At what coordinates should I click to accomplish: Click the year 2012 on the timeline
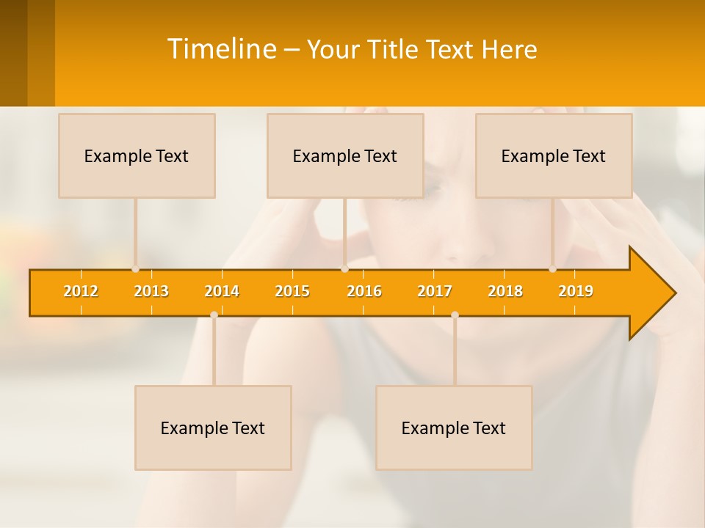81,291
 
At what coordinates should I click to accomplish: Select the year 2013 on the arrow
151,291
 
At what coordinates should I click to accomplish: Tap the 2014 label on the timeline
222,291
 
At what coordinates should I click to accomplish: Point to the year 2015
292,291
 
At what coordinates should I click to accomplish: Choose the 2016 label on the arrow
364,291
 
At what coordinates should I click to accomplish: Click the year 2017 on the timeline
435,291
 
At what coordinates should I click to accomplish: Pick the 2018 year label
505,291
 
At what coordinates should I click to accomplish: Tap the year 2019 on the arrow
576,291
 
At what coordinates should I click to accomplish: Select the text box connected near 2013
137,155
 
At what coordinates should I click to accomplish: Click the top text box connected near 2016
345,155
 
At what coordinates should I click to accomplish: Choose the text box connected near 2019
554,155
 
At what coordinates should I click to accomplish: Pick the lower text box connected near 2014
213,428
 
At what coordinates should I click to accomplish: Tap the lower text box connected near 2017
454,428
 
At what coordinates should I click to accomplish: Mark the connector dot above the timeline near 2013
135,269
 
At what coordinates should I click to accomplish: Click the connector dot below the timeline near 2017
455,315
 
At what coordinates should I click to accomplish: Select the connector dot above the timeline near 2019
552,269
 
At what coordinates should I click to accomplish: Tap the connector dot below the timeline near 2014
214,315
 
